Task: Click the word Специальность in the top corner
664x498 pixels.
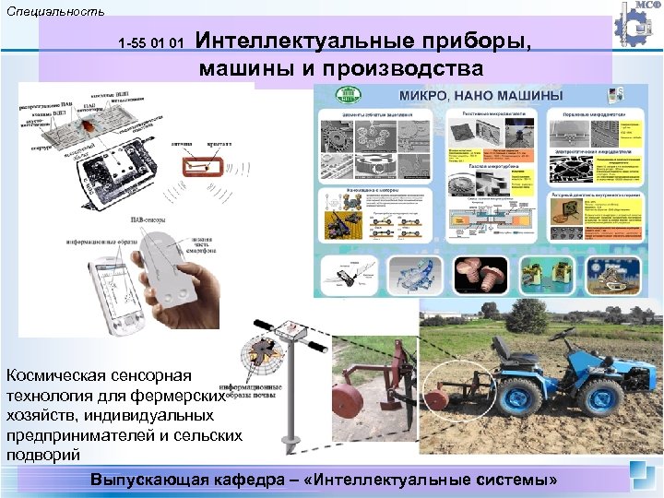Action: tap(53, 11)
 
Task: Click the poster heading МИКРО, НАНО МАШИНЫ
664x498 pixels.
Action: tap(479, 96)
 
